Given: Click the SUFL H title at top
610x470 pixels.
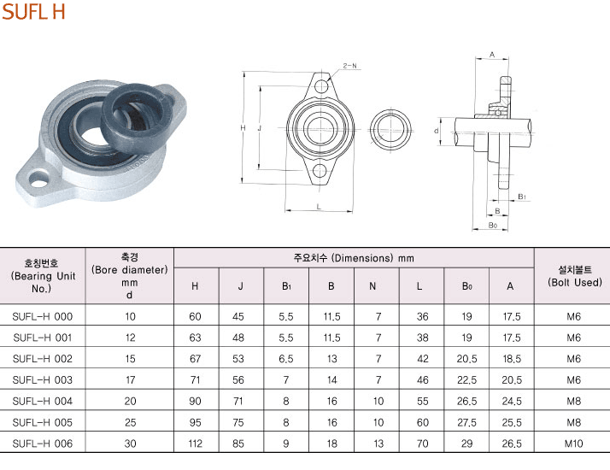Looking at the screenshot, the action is pyautogui.click(x=33, y=12).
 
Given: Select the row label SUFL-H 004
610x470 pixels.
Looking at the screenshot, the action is pyautogui.click(x=43, y=401).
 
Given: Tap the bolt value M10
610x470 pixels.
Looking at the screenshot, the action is pyautogui.click(x=573, y=444).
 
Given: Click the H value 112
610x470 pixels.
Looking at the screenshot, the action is pyautogui.click(x=195, y=444).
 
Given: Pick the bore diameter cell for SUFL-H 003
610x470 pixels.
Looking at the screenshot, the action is pyautogui.click(x=130, y=379).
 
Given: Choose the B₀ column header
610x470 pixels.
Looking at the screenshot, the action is pyautogui.click(x=466, y=286).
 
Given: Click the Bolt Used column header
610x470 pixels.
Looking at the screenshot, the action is pyautogui.click(x=575, y=276).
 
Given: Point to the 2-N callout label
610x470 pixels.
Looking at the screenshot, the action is pyautogui.click(x=349, y=66).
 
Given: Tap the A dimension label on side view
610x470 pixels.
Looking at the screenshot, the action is pyautogui.click(x=492, y=55).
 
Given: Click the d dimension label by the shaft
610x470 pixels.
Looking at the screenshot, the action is pyautogui.click(x=437, y=131).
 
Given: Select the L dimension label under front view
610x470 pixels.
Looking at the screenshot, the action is pyautogui.click(x=319, y=207).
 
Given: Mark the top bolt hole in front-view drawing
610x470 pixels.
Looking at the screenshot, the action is pyautogui.click(x=321, y=86).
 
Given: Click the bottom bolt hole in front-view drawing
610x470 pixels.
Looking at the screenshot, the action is pyautogui.click(x=320, y=170).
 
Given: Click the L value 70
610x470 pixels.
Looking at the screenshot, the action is pyautogui.click(x=423, y=444).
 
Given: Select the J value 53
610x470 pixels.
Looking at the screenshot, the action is pyautogui.click(x=238, y=359).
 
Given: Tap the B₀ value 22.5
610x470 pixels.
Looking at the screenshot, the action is pyautogui.click(x=466, y=379).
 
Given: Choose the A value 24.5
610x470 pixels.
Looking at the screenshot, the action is pyautogui.click(x=512, y=401).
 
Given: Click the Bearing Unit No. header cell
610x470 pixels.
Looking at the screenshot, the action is pyautogui.click(x=43, y=276).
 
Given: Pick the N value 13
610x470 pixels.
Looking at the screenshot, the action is pyautogui.click(x=378, y=444).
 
